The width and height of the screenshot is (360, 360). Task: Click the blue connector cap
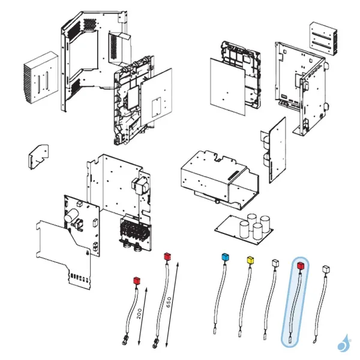pos(225,257)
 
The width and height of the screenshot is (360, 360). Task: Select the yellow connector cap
pos(250,260)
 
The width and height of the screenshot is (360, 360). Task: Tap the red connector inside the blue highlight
pos(301,266)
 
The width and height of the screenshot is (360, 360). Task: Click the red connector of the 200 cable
pos(137,281)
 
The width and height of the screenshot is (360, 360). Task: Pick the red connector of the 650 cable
pos(167,256)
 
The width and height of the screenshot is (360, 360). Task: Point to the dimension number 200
pos(139,314)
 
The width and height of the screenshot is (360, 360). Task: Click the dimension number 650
pos(169,302)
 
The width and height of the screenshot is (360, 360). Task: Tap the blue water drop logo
pos(343,343)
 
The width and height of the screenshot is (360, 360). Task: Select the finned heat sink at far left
pos(41,78)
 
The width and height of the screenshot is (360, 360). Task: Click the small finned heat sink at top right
pos(323,38)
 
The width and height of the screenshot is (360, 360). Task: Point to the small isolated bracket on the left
pos(38,157)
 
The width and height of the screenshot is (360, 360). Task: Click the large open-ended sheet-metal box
pos(220,181)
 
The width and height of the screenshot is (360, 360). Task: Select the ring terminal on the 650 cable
pos(155,343)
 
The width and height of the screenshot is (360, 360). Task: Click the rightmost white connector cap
pos(326,269)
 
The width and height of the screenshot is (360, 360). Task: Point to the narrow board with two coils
pos(274,150)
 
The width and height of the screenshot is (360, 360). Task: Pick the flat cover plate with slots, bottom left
pos(64,256)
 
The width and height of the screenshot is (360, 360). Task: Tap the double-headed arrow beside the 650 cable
pos(172,304)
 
